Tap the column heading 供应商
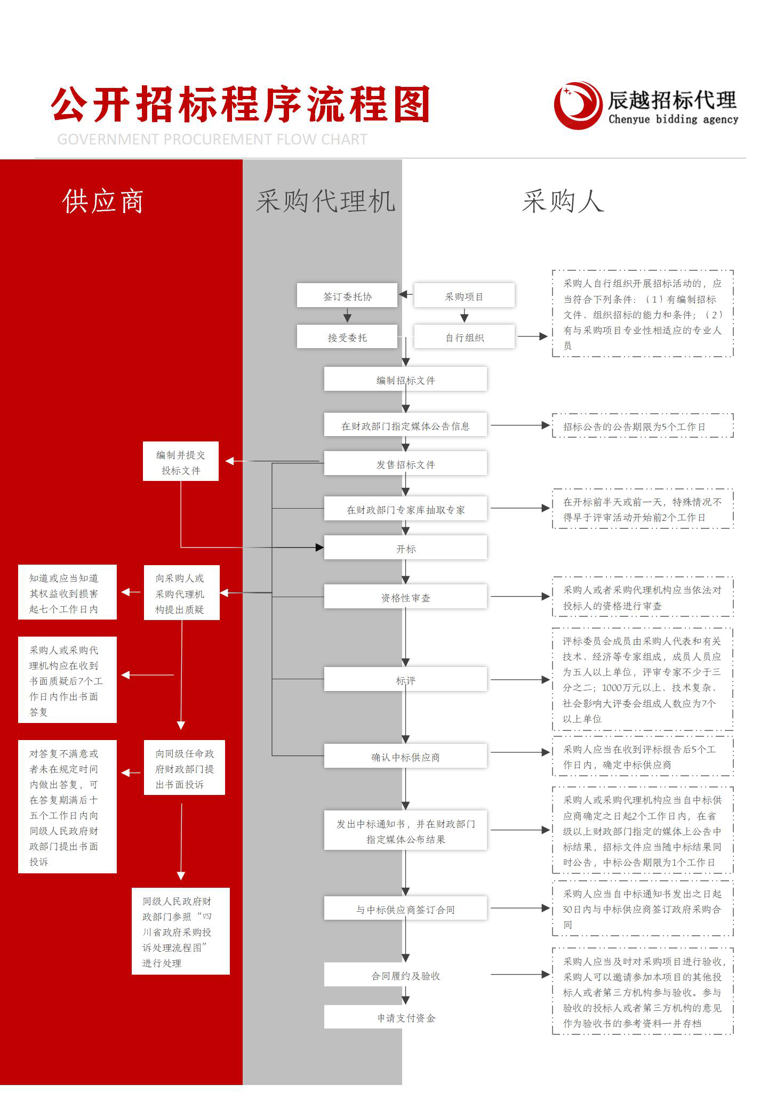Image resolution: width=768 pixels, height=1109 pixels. [103, 202]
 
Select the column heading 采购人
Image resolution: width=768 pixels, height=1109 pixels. [563, 202]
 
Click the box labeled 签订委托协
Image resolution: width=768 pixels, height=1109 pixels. [347, 295]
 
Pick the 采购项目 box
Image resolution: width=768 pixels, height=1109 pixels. [465, 295]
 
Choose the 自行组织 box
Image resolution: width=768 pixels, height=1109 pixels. [465, 337]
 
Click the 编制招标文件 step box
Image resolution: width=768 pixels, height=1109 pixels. [405, 379]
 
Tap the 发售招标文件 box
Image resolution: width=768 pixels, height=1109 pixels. [405, 463]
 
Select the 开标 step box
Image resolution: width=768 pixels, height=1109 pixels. [405, 548]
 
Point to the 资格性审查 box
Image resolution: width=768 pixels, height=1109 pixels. [405, 597]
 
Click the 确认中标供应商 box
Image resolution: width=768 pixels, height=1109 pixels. [405, 756]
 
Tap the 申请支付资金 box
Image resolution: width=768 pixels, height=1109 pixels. [405, 1017]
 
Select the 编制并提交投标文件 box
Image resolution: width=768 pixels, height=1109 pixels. [181, 461]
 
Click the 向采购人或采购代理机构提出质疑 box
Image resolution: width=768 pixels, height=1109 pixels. [182, 592]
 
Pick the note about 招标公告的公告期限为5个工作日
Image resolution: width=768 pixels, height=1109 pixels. [643, 425]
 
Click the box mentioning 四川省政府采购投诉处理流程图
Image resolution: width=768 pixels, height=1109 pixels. [181, 931]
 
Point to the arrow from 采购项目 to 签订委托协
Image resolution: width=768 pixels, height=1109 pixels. [406, 294]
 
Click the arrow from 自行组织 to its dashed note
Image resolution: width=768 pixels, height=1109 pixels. [533, 336]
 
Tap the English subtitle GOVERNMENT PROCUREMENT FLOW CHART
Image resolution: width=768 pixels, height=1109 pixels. [212, 139]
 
